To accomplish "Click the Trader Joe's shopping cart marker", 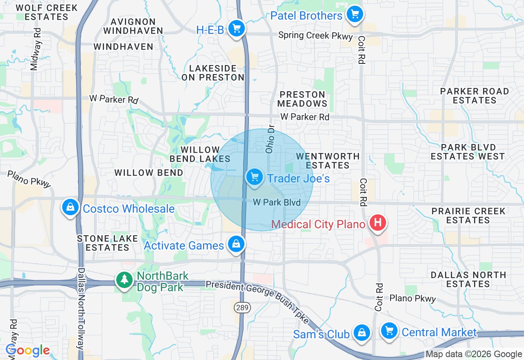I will pos(255,178).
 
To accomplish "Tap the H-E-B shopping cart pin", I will pos(236,29).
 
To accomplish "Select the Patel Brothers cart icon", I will pos(355,15).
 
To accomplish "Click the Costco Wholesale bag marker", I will pos(70,207).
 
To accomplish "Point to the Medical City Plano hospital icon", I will pos(377,223).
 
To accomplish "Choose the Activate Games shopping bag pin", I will pos(236,244).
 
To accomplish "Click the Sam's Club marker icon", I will pos(362,333).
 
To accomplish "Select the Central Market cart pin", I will pos(389,331).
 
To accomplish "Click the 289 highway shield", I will pos(239,306).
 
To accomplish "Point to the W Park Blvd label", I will pos(277,202).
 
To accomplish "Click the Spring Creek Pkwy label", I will pos(315,36).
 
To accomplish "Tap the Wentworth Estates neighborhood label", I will pos(327,161).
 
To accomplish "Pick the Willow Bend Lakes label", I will pos(200,154).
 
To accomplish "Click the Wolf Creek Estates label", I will pos(46,12).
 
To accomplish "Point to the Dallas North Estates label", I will pos(468,279).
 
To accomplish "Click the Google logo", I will pos(28,351).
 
